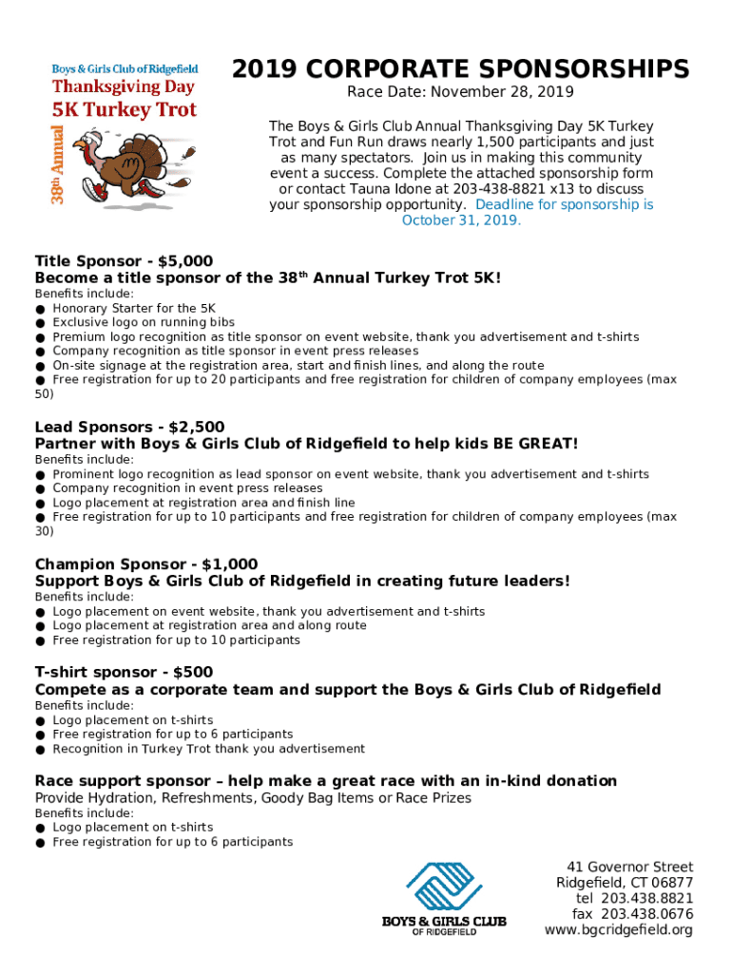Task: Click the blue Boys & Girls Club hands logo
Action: click(x=444, y=886)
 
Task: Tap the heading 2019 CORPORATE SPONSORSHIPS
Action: click(x=461, y=69)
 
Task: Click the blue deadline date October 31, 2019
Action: click(x=461, y=220)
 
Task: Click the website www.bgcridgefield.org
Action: click(x=618, y=929)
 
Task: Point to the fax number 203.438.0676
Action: click(x=646, y=914)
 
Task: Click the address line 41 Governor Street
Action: click(x=629, y=867)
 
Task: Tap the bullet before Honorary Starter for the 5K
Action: click(x=40, y=310)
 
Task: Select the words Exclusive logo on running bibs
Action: click(x=144, y=322)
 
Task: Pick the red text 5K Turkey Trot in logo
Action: click(x=124, y=109)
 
